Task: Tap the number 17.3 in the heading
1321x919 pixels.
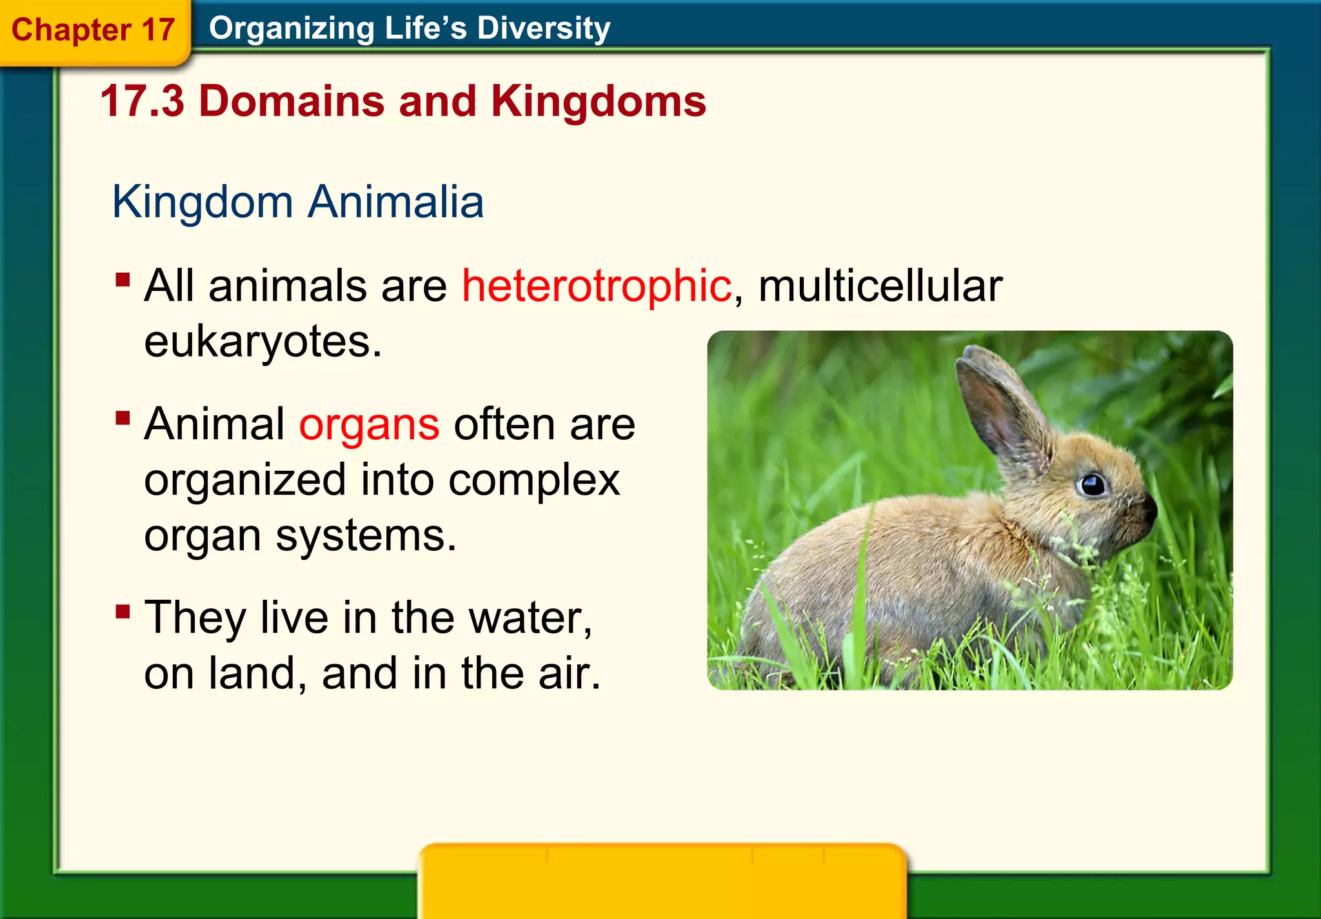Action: click(142, 101)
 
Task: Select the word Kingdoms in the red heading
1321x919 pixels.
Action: click(598, 101)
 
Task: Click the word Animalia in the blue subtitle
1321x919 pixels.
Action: click(395, 202)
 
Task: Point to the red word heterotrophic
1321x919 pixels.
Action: click(597, 286)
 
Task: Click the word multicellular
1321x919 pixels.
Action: click(880, 286)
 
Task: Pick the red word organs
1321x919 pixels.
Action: click(369, 425)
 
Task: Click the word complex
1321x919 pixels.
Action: click(533, 480)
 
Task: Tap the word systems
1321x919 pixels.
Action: click(366, 536)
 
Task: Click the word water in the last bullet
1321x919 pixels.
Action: click(530, 618)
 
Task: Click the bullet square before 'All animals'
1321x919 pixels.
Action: click(123, 280)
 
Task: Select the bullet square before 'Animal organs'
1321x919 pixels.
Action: click(123, 419)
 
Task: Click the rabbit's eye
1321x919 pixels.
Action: click(1093, 484)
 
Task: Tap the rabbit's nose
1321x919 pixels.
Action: click(1149, 509)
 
